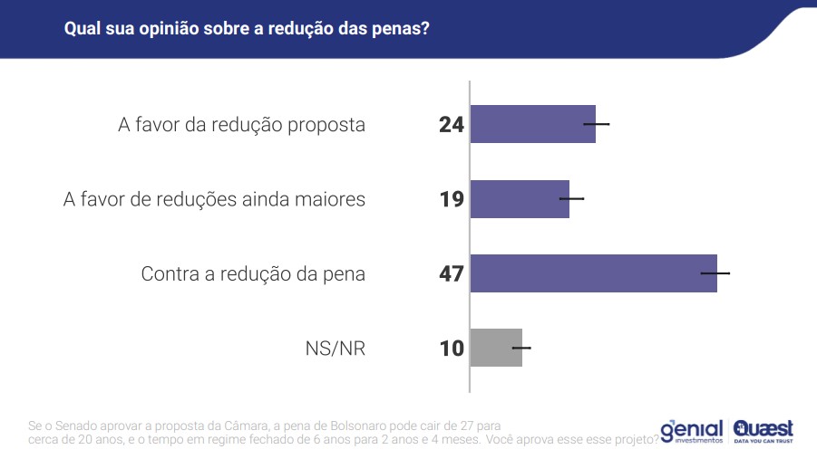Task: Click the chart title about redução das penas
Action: pos(247,28)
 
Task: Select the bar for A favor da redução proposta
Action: pos(532,124)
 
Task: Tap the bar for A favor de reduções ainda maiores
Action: pos(520,198)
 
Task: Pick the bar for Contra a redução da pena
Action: pos(594,273)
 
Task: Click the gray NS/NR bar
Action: pos(496,348)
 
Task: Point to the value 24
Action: pos(451,125)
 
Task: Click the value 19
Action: pos(451,199)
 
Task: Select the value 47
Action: pos(451,273)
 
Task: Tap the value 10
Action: pos(451,348)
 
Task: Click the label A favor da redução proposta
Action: pos(241,125)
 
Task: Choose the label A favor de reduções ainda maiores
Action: pos(214,199)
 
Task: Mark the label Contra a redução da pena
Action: pos(253,273)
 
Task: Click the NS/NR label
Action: pos(336,348)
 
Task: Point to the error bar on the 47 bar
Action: pos(715,273)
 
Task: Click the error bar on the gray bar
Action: pos(521,347)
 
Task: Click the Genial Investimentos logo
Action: pos(692,431)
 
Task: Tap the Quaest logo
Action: pos(764,430)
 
